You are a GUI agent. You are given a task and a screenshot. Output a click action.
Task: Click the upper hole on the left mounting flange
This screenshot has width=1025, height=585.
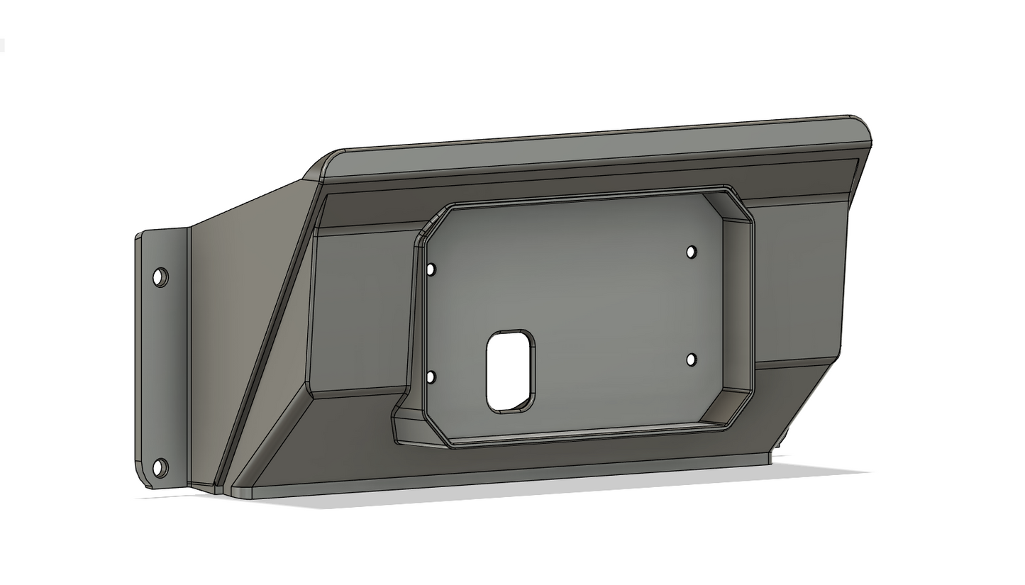[x=160, y=277]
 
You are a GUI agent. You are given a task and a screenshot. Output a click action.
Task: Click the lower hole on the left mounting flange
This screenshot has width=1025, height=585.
[x=160, y=468]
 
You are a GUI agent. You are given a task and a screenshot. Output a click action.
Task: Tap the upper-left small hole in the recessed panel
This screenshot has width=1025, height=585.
[x=431, y=269]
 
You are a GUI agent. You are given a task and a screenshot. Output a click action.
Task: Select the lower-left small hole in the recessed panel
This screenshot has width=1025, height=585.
[x=431, y=377]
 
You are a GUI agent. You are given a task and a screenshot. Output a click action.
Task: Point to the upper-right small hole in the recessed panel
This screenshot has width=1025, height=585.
[x=692, y=252]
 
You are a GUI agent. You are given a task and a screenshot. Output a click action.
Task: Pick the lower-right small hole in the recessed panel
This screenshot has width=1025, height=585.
[x=692, y=360]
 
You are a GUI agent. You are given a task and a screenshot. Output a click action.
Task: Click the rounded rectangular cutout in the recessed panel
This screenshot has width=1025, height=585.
[x=510, y=371]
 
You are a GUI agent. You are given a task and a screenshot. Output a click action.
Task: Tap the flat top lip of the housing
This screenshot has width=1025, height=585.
[x=596, y=152]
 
